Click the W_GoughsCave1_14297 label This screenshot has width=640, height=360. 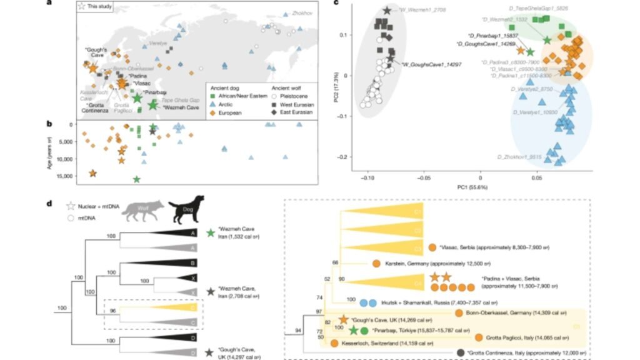(x=431, y=64)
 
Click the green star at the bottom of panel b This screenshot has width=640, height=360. (x=137, y=180)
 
